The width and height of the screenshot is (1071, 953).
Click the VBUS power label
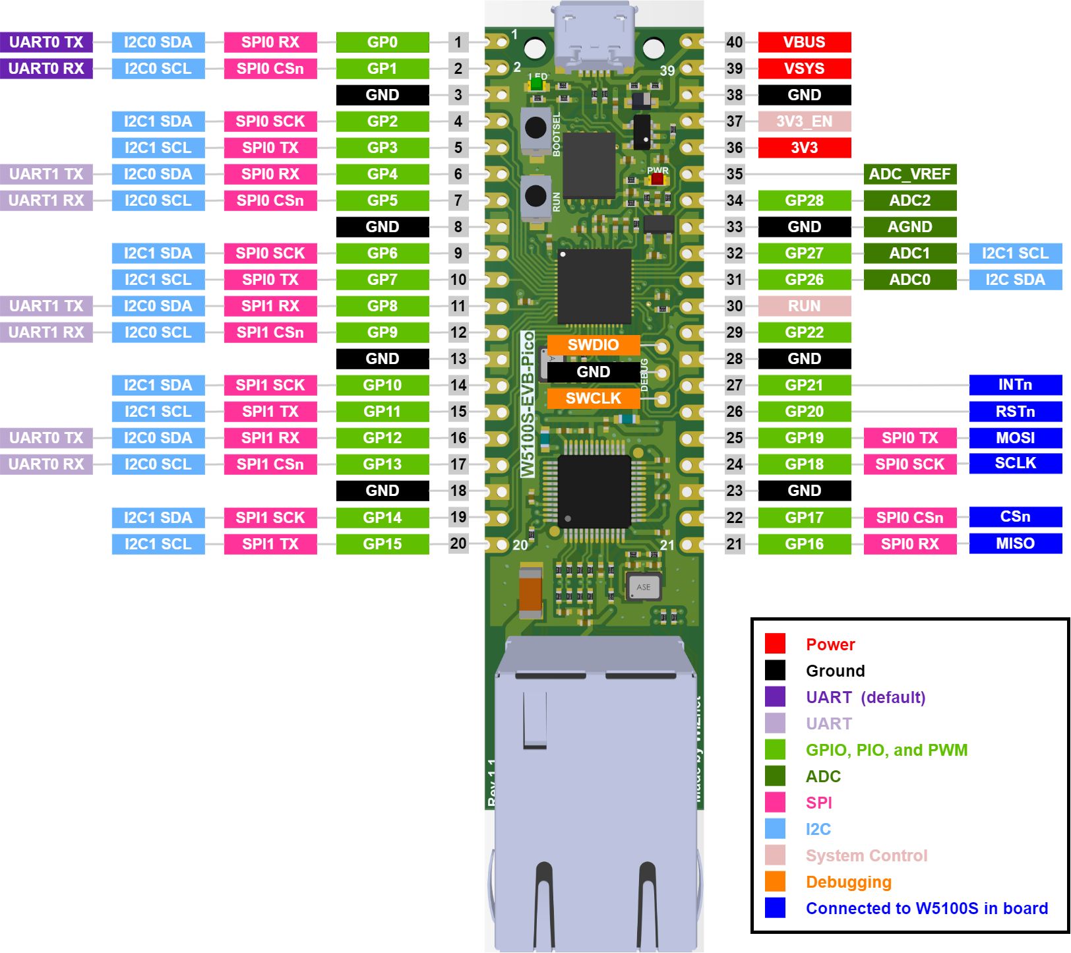pyautogui.click(x=804, y=42)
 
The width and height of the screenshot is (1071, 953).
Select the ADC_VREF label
pyautogui.click(x=909, y=174)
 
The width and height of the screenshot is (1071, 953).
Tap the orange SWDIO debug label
pyautogui.click(x=593, y=345)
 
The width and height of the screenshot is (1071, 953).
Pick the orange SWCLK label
pyautogui.click(x=593, y=398)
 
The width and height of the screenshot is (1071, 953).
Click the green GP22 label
pyautogui.click(x=804, y=332)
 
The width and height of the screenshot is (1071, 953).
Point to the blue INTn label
pyautogui.click(x=1015, y=384)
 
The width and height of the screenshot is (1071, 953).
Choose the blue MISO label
pyautogui.click(x=1015, y=543)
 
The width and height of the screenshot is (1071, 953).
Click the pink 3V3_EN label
pyautogui.click(x=804, y=121)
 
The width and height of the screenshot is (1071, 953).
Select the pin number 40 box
pyautogui.click(x=735, y=42)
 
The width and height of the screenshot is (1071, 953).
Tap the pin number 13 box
pyautogui.click(x=458, y=359)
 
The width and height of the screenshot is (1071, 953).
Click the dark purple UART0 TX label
pyautogui.click(x=46, y=42)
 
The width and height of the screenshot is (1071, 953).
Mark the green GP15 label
pyautogui.click(x=382, y=544)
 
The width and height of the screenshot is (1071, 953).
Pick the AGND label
pyautogui.click(x=909, y=227)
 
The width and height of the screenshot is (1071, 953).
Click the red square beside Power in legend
pyautogui.click(x=775, y=644)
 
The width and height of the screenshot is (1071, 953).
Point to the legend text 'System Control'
pyautogui.click(x=866, y=855)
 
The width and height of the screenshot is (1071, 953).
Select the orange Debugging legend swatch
pyautogui.click(x=775, y=881)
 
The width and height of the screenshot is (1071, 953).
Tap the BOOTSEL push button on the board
pyautogui.click(x=535, y=128)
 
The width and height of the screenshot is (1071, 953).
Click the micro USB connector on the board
pyautogui.click(x=595, y=36)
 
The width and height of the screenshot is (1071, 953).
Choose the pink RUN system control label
pyautogui.click(x=804, y=306)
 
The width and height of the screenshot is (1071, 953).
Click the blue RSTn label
pyautogui.click(x=1015, y=412)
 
